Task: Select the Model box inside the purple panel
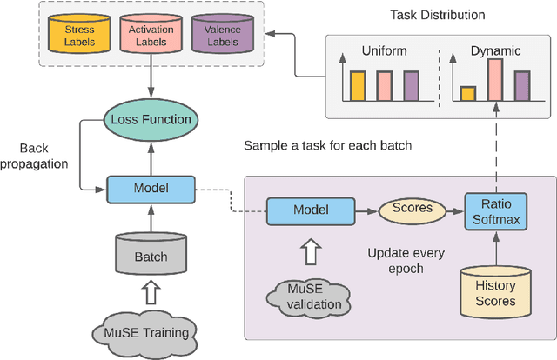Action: [x=312, y=210]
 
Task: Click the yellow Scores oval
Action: [x=412, y=210]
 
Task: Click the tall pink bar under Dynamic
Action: [x=495, y=80]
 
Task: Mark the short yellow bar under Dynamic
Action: [x=468, y=94]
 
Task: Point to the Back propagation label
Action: [x=41, y=156]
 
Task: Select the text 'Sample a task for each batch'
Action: [x=327, y=145]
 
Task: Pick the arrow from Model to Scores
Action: [x=366, y=210]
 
